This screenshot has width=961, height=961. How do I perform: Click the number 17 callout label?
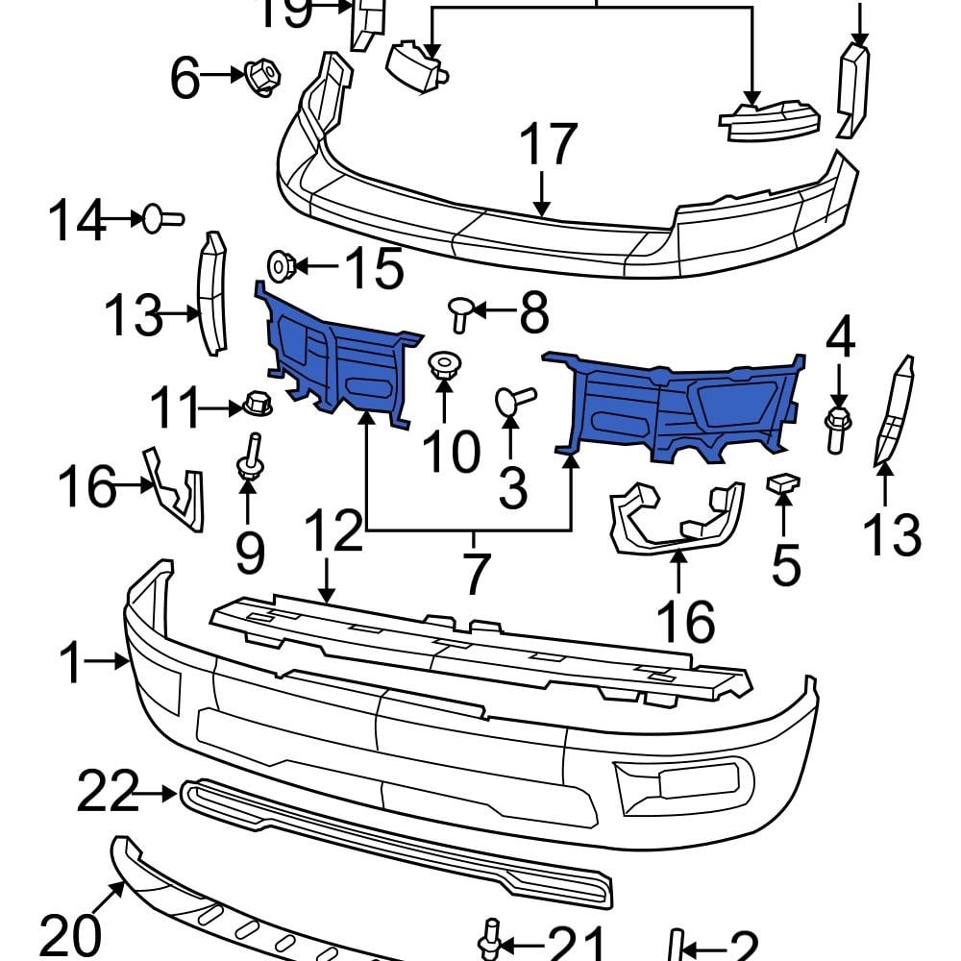(548, 145)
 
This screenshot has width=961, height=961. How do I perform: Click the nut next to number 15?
(282, 264)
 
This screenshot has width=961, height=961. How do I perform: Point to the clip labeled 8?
(461, 312)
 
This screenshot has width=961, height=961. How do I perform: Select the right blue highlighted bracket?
(682, 404)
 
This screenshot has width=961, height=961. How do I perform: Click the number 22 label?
(108, 794)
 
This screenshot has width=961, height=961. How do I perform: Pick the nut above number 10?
(442, 366)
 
